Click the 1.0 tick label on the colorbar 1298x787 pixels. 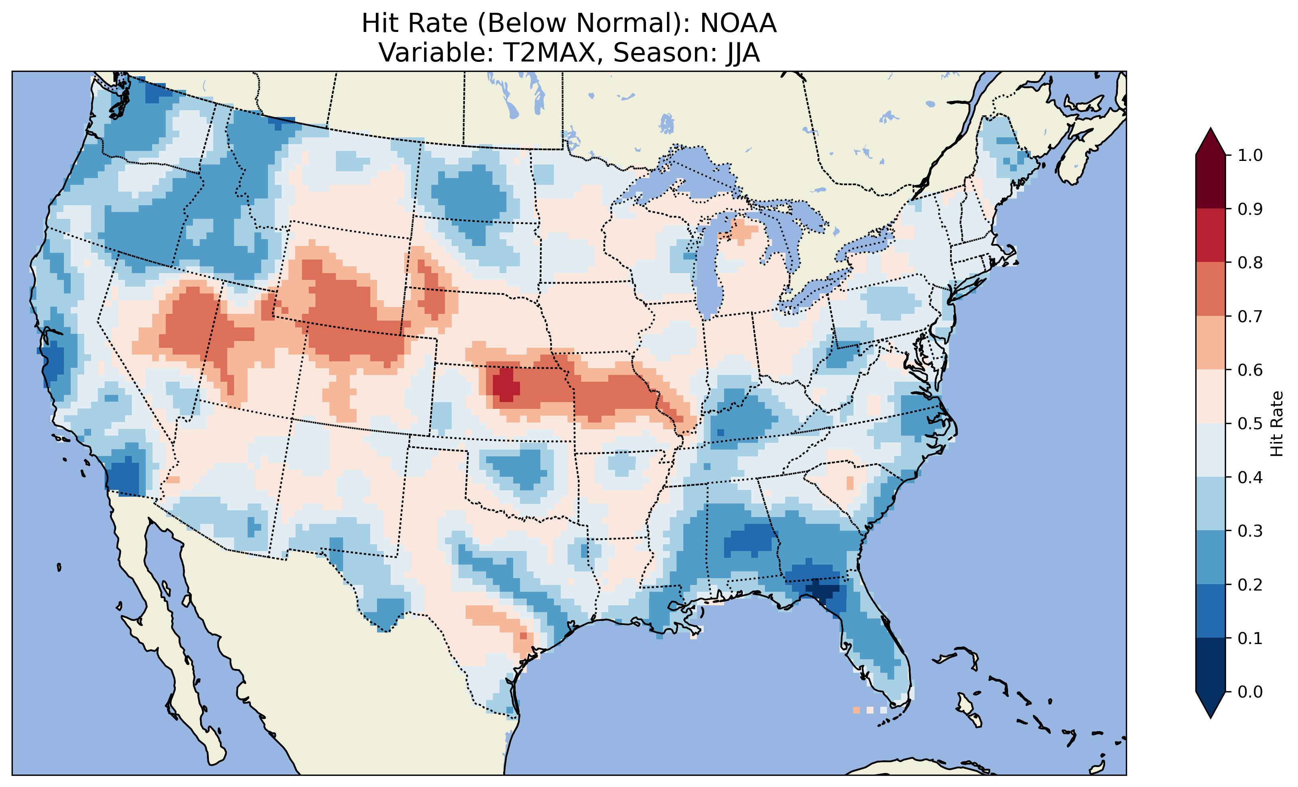pyautogui.click(x=1250, y=155)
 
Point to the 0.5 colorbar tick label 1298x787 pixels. pyautogui.click(x=1250, y=424)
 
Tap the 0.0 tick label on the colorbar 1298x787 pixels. pyautogui.click(x=1250, y=692)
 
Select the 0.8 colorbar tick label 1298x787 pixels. pyautogui.click(x=1250, y=262)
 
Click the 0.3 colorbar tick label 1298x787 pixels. pyautogui.click(x=1250, y=531)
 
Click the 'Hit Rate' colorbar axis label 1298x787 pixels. pyautogui.click(x=1276, y=424)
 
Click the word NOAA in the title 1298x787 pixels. pyautogui.click(x=738, y=24)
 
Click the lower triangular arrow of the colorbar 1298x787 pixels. pyautogui.click(x=1211, y=705)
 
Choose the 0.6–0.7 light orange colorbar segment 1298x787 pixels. pyautogui.click(x=1211, y=343)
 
